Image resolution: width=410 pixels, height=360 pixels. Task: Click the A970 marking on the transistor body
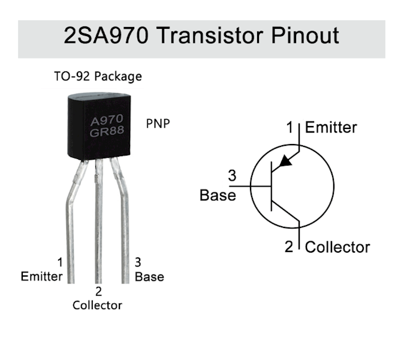pos(106,120)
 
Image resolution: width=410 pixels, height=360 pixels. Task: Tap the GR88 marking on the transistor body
pos(107,133)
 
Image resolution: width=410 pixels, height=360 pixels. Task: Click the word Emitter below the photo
pos(41,277)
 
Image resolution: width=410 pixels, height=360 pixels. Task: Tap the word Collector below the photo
pos(97,305)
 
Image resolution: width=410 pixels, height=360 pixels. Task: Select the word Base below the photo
pos(149,277)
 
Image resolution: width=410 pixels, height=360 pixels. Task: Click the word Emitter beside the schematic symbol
pos(331,127)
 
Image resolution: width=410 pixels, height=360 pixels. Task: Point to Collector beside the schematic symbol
pos(337,247)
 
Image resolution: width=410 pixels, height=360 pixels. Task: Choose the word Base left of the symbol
pos(218,195)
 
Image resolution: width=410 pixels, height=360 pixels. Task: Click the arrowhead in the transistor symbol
pos(287,160)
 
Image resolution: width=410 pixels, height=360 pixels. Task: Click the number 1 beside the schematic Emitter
pos(291,127)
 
